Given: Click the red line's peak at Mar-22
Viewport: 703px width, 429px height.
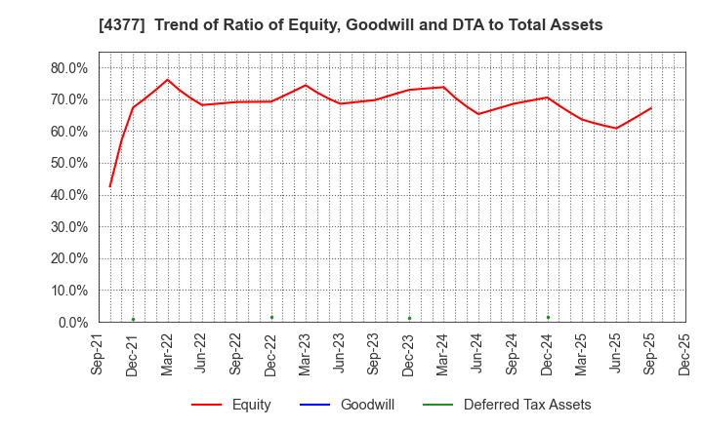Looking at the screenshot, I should (167, 80).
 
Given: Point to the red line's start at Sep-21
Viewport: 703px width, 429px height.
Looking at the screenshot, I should (109, 186).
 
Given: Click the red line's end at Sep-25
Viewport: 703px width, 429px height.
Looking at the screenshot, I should (651, 108).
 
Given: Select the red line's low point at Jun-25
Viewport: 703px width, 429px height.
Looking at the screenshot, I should (616, 128).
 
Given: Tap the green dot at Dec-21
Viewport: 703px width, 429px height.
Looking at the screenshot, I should (133, 319).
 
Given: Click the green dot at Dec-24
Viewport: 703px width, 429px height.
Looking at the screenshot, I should (548, 317).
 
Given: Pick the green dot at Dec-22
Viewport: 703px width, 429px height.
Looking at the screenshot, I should (271, 317).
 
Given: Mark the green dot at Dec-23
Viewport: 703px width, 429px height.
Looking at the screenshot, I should (409, 318).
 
